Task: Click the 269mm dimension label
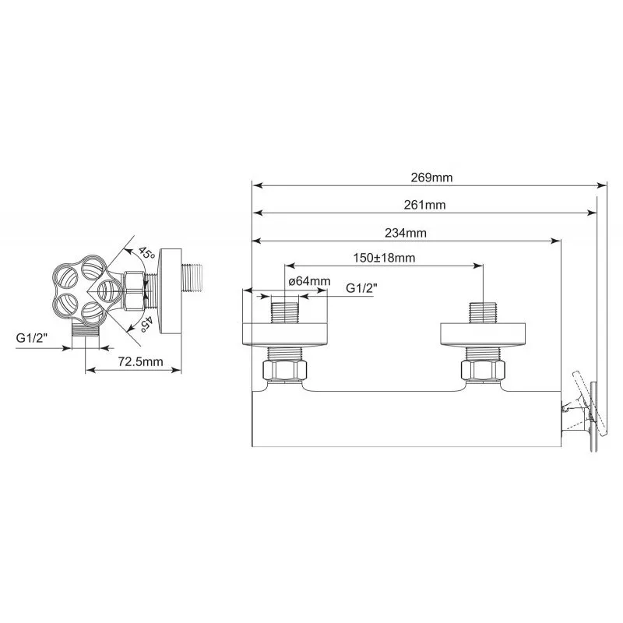point(431,178)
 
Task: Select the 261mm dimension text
point(424,205)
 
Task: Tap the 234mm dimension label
point(406,233)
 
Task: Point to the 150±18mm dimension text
point(384,258)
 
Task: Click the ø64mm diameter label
point(310,281)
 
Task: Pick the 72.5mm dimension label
point(141,361)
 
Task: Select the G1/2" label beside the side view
point(32,338)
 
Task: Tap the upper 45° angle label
point(146,253)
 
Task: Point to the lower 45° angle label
point(146,324)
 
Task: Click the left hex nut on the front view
point(284,371)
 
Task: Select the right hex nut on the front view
point(483,371)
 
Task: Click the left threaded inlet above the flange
point(284,313)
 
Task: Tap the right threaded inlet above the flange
point(483,313)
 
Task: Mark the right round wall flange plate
point(483,334)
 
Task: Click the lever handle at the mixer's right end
point(590,404)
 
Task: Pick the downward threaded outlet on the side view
point(86,330)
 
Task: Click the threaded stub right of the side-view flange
point(192,279)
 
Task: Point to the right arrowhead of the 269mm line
point(602,185)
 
